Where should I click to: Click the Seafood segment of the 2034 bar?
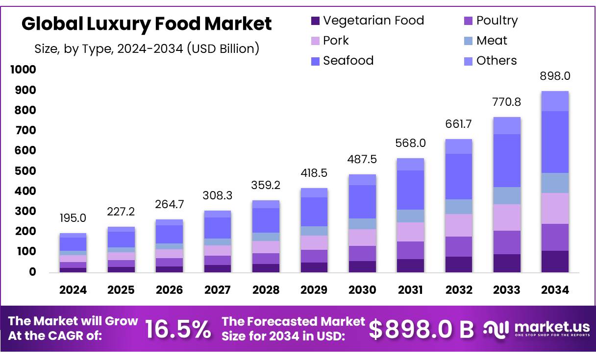pos(555,142)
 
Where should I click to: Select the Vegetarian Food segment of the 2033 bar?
pos(507,263)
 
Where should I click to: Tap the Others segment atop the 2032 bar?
pos(458,146)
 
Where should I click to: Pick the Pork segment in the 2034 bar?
pos(555,208)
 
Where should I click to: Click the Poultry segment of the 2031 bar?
pos(410,250)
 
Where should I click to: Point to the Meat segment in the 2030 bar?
pos(362,224)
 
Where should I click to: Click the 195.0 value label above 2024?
pos(73,218)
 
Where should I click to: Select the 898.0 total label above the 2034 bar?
pos(555,76)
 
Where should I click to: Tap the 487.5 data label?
pos(362,160)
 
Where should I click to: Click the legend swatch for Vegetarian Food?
pos(315,21)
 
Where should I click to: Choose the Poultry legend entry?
pos(497,21)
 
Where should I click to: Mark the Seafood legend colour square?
pos(315,61)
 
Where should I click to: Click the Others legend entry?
pos(496,61)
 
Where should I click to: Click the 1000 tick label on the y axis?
pos(23,70)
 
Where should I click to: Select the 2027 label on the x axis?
pos(218,290)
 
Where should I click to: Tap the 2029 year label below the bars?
pos(314,290)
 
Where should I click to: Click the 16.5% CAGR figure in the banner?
pos(178,329)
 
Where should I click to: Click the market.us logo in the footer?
pos(536,329)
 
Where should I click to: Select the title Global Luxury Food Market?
pos(146,24)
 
